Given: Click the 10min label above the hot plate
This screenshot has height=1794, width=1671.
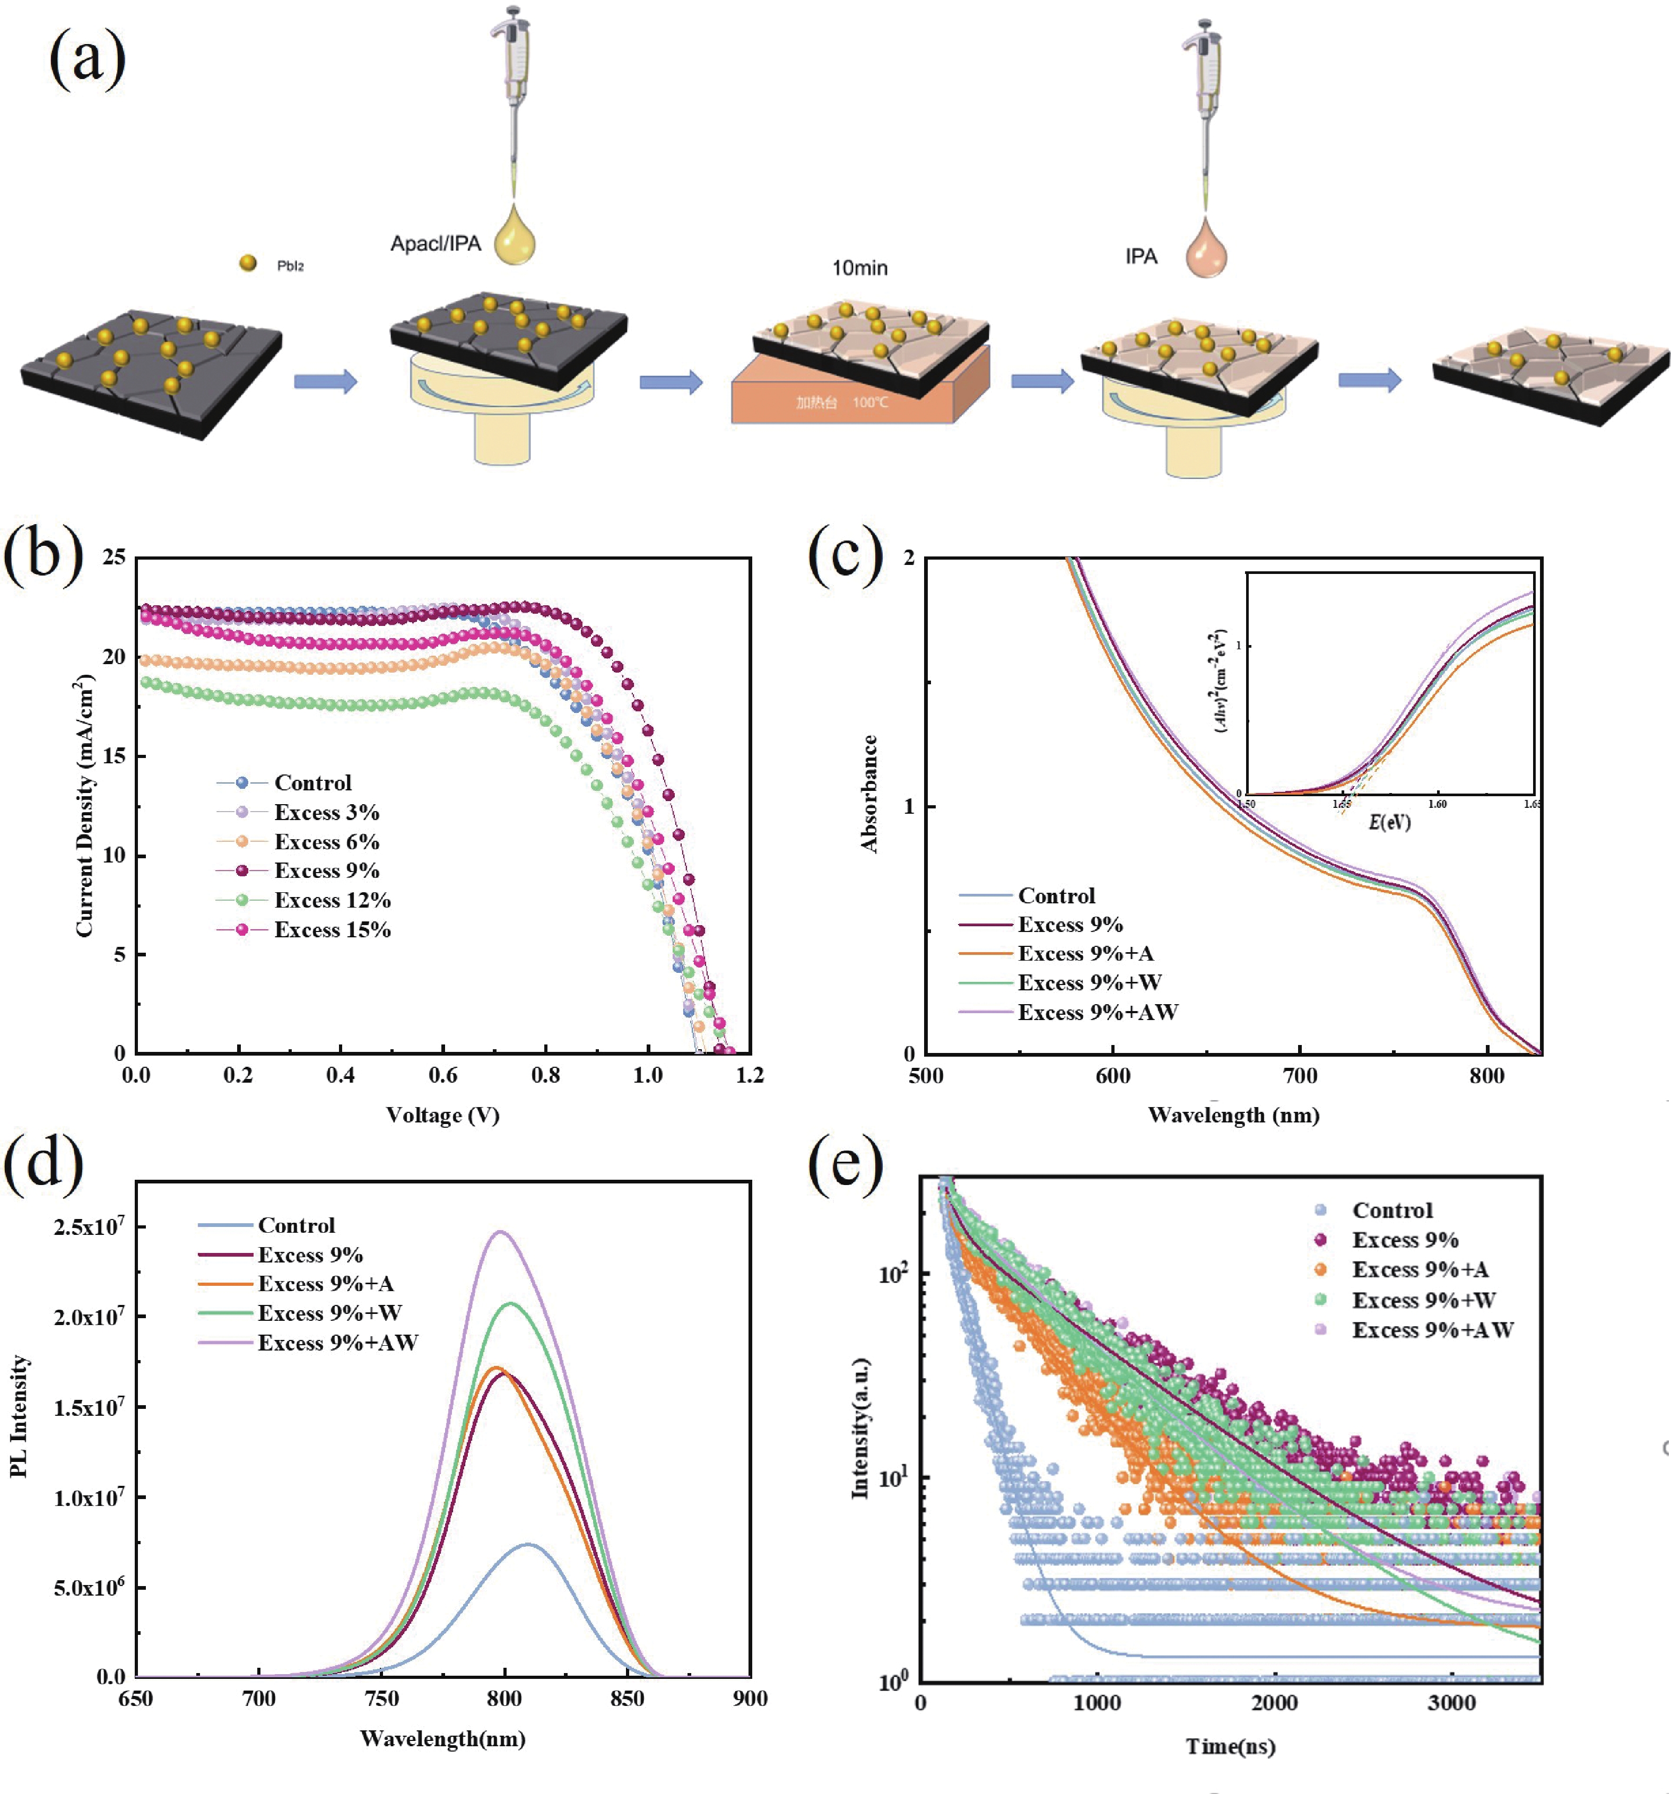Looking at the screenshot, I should click(859, 268).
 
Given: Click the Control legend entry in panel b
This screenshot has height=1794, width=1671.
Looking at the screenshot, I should click(312, 782).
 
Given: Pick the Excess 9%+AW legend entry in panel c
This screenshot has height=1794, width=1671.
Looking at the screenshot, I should click(1097, 1012).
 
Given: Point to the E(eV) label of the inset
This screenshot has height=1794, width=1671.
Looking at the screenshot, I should click(1389, 821).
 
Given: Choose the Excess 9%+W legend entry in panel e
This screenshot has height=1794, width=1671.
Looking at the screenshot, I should click(1423, 1300).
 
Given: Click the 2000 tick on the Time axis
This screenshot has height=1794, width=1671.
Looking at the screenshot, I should click(1274, 1703).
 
